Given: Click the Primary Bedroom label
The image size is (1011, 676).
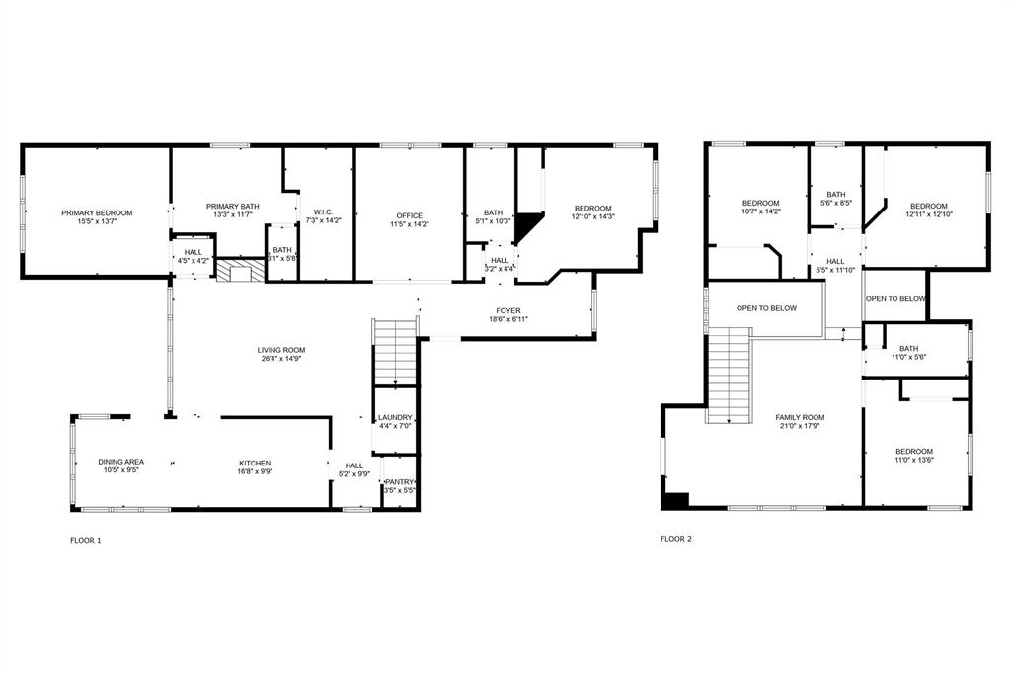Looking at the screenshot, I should pos(97,212).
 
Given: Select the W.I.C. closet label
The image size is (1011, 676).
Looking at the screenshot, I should pos(323,211).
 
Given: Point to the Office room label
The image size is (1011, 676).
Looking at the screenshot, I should pos(409,215).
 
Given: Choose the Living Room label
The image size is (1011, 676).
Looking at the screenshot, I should pos(281,350).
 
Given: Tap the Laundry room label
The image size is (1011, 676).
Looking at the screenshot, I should pos(395,418).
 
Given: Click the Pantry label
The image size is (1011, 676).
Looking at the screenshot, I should pos(399,481).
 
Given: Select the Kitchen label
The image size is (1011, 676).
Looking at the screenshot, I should pos(255,463).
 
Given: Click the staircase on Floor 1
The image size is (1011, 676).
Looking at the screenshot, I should pos(395,351).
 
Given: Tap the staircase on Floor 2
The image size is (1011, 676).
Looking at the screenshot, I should pos(729,376).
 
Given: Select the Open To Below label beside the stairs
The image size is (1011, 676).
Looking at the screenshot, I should pos(766,308).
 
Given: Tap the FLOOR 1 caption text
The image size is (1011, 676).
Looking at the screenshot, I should pos(86,540).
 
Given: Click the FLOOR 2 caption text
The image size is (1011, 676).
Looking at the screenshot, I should pos(676,539).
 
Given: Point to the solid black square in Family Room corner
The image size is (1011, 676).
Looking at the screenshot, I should pos(675,501).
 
